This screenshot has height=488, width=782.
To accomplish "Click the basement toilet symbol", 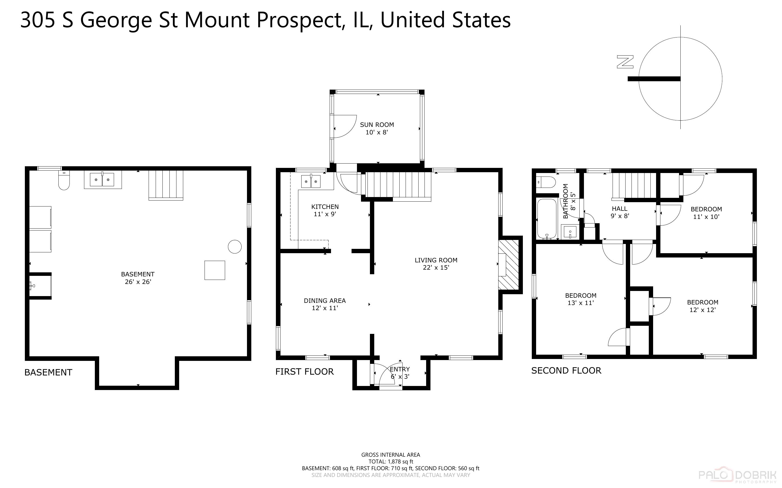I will (64, 181).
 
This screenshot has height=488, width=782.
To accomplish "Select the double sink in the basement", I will (102, 180).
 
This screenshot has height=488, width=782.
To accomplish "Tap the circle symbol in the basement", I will (235, 247).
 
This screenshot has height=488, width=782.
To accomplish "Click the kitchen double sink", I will (311, 181).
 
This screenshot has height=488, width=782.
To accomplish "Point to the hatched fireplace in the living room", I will (509, 265).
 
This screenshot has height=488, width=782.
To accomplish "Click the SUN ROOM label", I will (377, 125).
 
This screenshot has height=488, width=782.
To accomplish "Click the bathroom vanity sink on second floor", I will (570, 232).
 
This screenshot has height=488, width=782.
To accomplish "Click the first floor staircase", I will (398, 185).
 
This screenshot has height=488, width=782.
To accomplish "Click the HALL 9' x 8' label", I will (620, 212).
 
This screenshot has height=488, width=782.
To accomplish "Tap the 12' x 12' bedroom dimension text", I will (703, 310).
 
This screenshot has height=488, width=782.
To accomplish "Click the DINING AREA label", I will (325, 300).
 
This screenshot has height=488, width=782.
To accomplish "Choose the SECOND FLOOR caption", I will (566, 371).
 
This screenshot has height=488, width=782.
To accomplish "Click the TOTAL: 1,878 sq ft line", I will (390, 462).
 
